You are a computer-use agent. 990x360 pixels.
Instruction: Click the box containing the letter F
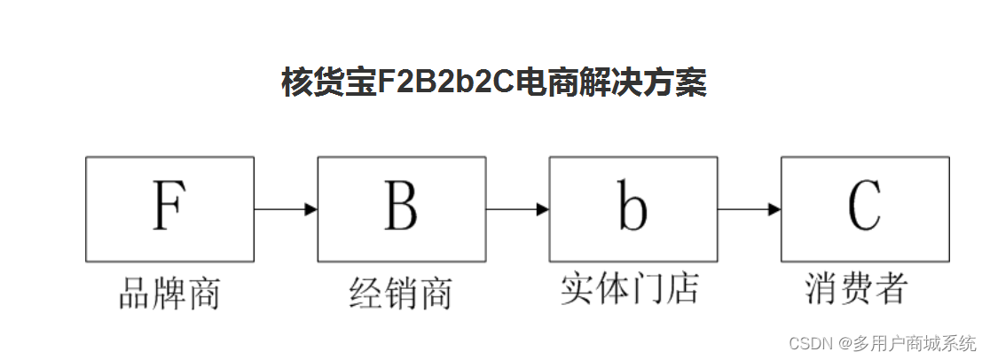point(169,209)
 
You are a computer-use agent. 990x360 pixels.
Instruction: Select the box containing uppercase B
point(401,209)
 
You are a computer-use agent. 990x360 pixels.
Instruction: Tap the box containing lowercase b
point(632,209)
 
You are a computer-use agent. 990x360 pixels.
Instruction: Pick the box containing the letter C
point(865,209)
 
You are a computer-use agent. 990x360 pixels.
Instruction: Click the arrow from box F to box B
point(286,209)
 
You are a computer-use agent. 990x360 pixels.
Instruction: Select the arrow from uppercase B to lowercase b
point(517,209)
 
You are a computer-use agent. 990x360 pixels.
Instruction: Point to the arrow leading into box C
point(750,209)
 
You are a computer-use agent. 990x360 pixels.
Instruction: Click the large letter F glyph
point(169,205)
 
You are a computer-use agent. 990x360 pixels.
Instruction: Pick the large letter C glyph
point(864,206)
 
